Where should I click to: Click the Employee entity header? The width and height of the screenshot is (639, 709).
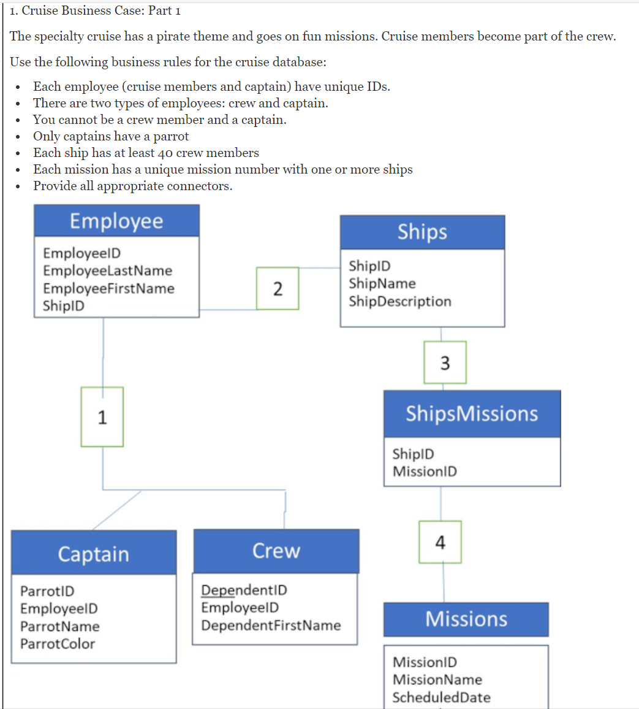116,221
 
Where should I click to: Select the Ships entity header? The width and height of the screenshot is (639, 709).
422,232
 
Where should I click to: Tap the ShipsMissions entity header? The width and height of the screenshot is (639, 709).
472,413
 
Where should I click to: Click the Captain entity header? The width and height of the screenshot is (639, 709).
94,553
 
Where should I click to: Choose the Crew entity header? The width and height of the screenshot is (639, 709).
276,551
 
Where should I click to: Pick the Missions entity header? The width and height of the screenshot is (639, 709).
466,619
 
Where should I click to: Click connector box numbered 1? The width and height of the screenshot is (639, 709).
102,417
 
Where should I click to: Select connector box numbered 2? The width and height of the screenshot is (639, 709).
278,288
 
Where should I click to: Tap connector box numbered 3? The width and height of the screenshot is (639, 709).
445,362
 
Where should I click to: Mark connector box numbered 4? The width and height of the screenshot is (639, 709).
440,542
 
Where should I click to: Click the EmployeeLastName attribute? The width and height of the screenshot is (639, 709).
107,270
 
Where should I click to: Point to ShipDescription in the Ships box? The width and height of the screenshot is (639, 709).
399,301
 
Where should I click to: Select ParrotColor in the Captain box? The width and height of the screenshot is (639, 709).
58,643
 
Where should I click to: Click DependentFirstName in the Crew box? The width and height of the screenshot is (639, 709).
271,625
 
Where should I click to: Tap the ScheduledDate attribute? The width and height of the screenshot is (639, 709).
441,697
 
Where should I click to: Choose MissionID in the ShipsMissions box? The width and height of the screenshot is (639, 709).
425,471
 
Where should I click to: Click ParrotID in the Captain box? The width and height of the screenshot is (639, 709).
47,591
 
